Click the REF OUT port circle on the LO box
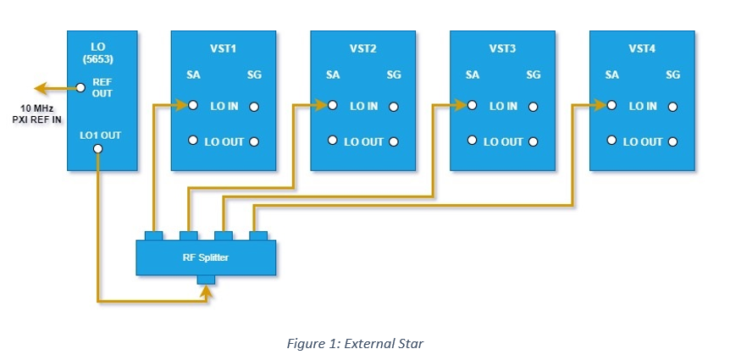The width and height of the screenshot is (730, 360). [80, 87]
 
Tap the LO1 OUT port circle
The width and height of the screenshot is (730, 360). [97, 148]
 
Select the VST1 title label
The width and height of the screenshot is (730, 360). [223, 48]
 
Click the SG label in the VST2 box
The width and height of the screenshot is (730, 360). [394, 75]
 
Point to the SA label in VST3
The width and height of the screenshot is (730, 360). [472, 75]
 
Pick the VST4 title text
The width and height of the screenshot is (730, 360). [642, 48]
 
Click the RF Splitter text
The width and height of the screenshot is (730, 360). [205, 257]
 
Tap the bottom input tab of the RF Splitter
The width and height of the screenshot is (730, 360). [206, 279]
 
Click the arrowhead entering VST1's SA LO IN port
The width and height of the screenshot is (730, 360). [180, 105]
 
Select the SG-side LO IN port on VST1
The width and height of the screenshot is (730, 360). [254, 107]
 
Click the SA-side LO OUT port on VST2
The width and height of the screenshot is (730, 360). [333, 140]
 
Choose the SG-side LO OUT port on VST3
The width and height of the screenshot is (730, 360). [533, 142]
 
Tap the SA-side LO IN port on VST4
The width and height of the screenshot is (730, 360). [611, 105]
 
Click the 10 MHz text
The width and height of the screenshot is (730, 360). [36, 108]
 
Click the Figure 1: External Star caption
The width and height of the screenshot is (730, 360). [355, 344]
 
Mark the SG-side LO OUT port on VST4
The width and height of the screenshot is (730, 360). [672, 142]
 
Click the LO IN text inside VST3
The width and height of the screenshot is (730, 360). [503, 106]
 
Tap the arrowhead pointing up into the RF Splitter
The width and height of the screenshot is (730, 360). [206, 291]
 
